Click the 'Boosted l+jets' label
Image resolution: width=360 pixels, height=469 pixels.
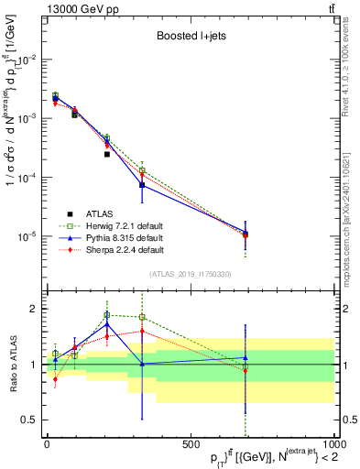coord(190,37)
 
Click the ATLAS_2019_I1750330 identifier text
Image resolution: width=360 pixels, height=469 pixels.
coord(190,274)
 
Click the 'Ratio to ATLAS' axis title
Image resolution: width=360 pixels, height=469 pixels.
coord(12,361)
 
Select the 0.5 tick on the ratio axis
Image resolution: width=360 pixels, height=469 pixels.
coord(33,420)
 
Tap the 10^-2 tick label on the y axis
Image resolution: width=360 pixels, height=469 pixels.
coord(29,59)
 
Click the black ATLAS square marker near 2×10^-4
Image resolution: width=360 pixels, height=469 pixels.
coord(107,154)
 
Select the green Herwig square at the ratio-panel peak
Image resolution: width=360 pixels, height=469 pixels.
coord(107,314)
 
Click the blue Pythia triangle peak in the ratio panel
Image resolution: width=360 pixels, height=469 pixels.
coord(107,323)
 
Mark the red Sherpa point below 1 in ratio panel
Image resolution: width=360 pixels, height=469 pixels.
coord(56,379)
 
